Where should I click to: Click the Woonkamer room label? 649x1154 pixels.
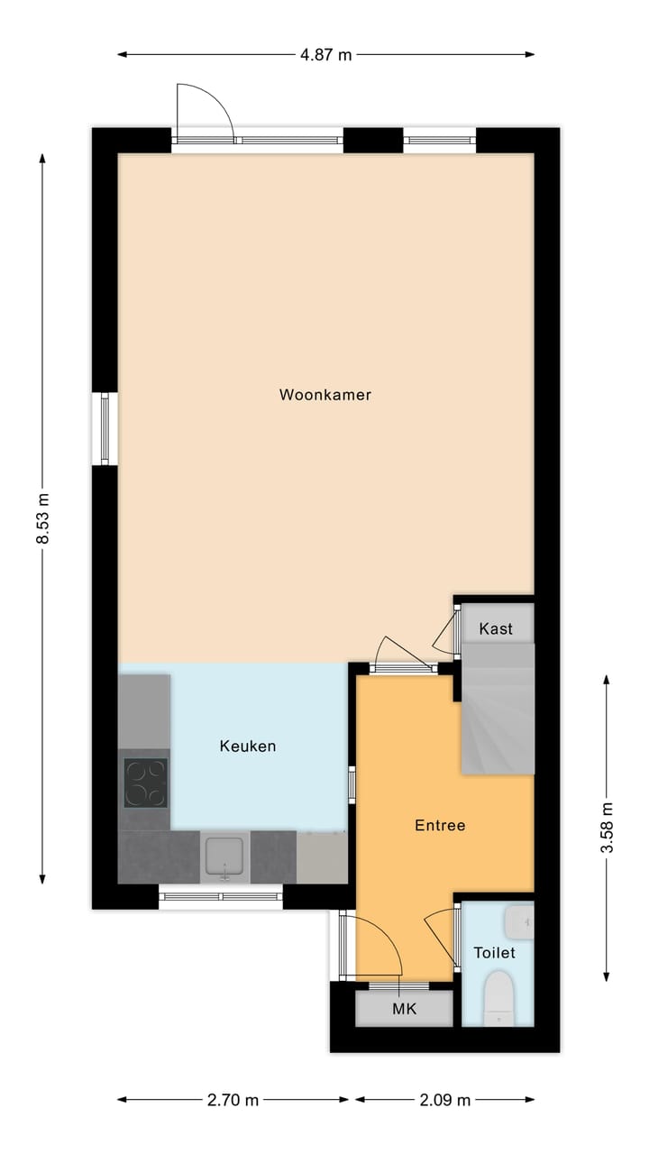pyautogui.click(x=324, y=395)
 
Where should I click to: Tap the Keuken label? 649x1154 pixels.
pyautogui.click(x=248, y=746)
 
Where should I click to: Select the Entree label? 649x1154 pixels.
pyautogui.click(x=440, y=825)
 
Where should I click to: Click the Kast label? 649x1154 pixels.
pyautogui.click(x=496, y=628)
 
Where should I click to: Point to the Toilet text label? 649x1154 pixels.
pyautogui.click(x=495, y=953)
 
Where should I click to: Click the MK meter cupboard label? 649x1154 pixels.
pyautogui.click(x=405, y=1009)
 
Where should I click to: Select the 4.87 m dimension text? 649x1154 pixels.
pyautogui.click(x=326, y=54)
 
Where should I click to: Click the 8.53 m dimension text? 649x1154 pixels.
pyautogui.click(x=42, y=519)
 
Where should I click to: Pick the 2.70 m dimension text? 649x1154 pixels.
pyautogui.click(x=233, y=1100)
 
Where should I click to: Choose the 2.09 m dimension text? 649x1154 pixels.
pyautogui.click(x=445, y=1100)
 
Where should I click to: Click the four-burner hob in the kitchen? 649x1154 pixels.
pyautogui.click(x=145, y=782)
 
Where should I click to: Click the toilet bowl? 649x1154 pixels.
pyautogui.click(x=498, y=999)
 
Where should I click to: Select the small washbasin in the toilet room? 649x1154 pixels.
pyautogui.click(x=520, y=921)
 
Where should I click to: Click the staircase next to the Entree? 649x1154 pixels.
pyautogui.click(x=498, y=712)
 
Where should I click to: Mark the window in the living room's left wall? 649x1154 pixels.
pyautogui.click(x=105, y=428)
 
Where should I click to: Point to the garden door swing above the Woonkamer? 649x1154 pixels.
pyautogui.click(x=206, y=113)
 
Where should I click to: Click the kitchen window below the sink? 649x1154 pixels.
pyautogui.click(x=221, y=896)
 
